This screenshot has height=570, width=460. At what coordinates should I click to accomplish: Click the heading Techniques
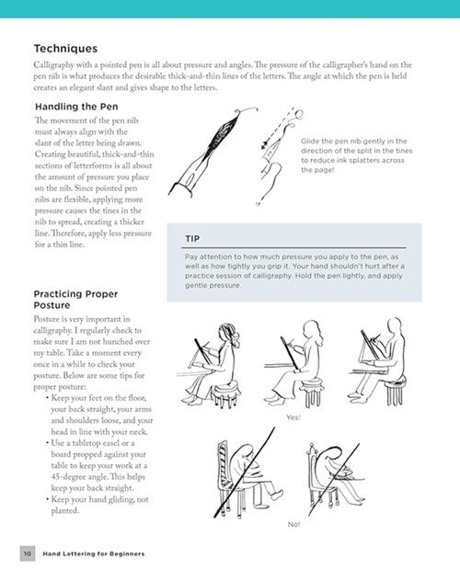[x=65, y=49]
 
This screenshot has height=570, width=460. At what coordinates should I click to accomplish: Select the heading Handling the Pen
[x=76, y=107]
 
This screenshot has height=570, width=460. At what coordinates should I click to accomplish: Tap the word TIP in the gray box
[x=192, y=239]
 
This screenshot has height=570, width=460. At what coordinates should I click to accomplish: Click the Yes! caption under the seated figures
[x=293, y=417]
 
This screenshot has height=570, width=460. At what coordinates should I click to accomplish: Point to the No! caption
[x=293, y=524]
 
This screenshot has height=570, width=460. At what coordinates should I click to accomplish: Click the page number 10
[x=28, y=553]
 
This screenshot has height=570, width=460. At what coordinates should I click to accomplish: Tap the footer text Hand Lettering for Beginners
[x=94, y=553]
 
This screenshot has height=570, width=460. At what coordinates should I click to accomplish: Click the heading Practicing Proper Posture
[x=75, y=299]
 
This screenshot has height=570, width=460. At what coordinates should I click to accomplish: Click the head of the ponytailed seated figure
[x=228, y=334]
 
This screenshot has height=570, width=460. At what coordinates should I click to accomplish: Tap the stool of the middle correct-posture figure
[x=311, y=391]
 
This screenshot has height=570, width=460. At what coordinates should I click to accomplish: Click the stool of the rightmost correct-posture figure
[x=396, y=391]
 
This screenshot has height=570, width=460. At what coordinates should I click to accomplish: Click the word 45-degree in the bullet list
[x=69, y=477]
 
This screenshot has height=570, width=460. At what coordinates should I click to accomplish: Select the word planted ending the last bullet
[x=65, y=511]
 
